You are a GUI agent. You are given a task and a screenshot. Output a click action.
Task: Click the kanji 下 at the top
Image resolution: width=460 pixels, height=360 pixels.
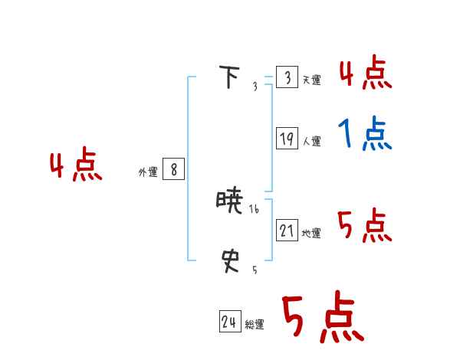click(229, 78)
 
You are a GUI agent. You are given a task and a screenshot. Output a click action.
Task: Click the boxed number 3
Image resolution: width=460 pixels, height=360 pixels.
click(287, 77)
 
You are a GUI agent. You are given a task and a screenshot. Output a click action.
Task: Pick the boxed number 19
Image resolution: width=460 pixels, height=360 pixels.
click(287, 139)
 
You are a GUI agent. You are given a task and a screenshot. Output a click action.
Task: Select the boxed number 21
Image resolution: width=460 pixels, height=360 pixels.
click(287, 230)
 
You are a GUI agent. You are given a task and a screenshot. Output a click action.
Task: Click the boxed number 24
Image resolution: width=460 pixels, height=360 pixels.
click(229, 322)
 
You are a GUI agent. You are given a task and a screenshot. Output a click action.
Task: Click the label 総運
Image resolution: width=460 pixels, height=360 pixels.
click(255, 326)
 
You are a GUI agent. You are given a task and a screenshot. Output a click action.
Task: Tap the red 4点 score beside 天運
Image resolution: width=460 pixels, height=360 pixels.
click(365, 73)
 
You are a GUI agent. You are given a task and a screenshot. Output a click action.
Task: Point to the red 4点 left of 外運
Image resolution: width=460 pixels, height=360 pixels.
click(76, 167)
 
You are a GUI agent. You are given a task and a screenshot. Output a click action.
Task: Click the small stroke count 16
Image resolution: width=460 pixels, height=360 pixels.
click(255, 209)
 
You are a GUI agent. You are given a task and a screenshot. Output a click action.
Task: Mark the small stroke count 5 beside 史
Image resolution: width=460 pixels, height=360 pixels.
click(255, 270)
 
